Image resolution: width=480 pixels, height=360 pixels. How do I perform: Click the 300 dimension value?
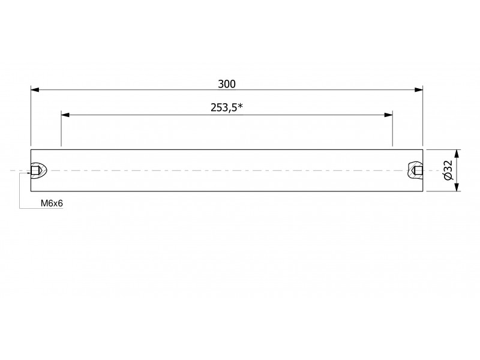(227, 84)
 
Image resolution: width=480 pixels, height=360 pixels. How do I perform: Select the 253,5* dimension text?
(227, 107)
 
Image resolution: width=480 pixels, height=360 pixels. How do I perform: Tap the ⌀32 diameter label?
(448, 170)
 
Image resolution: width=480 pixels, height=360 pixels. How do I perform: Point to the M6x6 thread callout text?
(52, 203)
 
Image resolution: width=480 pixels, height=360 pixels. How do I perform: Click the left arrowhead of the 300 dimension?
(35, 89)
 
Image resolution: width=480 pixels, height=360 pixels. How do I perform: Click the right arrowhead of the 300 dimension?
(419, 89)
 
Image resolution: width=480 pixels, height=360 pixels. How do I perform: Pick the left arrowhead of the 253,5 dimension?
(65, 115)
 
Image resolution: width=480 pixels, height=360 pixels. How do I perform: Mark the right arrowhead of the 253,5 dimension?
(388, 115)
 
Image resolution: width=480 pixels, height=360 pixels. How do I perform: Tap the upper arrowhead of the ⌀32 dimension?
(457, 154)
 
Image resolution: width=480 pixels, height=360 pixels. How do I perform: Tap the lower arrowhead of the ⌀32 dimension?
(457, 187)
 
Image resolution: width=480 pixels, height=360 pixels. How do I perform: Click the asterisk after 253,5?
(241, 106)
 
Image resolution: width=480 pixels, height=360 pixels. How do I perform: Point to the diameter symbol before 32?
(448, 176)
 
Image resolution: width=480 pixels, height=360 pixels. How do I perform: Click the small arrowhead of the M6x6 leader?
(29, 173)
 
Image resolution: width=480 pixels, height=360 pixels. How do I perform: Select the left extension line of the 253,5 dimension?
(61, 129)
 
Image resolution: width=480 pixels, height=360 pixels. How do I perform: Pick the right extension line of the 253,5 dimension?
(392, 129)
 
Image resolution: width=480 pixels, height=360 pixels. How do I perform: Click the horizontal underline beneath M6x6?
(41, 208)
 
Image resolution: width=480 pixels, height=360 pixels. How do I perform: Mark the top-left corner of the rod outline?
(31, 149)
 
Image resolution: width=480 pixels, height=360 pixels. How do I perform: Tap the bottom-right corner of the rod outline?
(423, 191)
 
